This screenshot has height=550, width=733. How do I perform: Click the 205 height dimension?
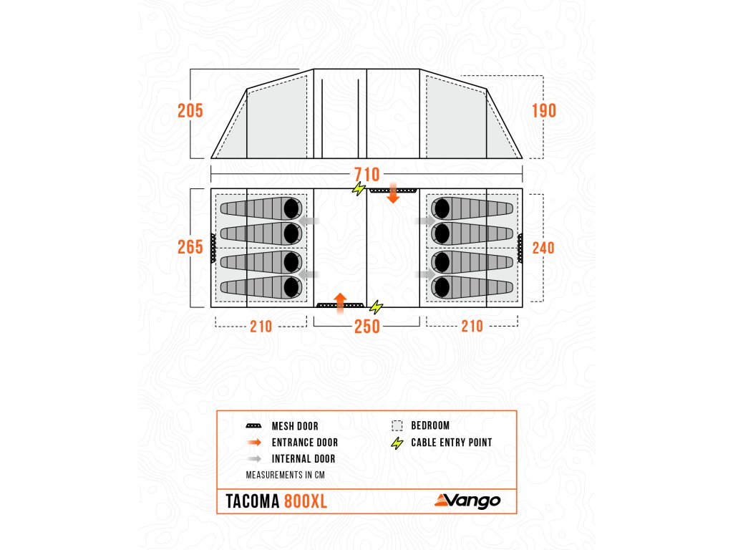tap(190, 111)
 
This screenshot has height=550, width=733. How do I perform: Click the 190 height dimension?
tap(544, 111)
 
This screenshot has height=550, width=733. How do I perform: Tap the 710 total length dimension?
tap(366, 175)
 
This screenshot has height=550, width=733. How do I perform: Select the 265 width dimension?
tap(190, 246)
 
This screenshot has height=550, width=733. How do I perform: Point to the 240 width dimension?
tap(544, 247)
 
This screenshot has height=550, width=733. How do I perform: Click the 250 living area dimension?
tap(366, 327)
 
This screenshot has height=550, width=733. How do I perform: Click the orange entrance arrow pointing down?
tap(393, 193)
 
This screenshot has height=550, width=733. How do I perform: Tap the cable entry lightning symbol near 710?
tap(358, 189)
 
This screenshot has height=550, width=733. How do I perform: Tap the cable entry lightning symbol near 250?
tap(376, 308)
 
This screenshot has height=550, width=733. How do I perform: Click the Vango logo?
tap(467, 501)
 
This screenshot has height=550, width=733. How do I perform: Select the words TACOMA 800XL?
tap(276, 501)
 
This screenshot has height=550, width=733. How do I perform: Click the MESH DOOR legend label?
tap(295, 426)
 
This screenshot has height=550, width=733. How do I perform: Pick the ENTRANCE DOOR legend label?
tap(304, 443)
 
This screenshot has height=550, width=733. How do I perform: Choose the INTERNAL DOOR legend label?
tap(303, 459)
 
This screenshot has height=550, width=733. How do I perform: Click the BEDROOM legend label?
tap(430, 425)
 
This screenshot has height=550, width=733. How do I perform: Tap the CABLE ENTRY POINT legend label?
tap(451, 443)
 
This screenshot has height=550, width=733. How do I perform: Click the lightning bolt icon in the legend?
tap(397, 443)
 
